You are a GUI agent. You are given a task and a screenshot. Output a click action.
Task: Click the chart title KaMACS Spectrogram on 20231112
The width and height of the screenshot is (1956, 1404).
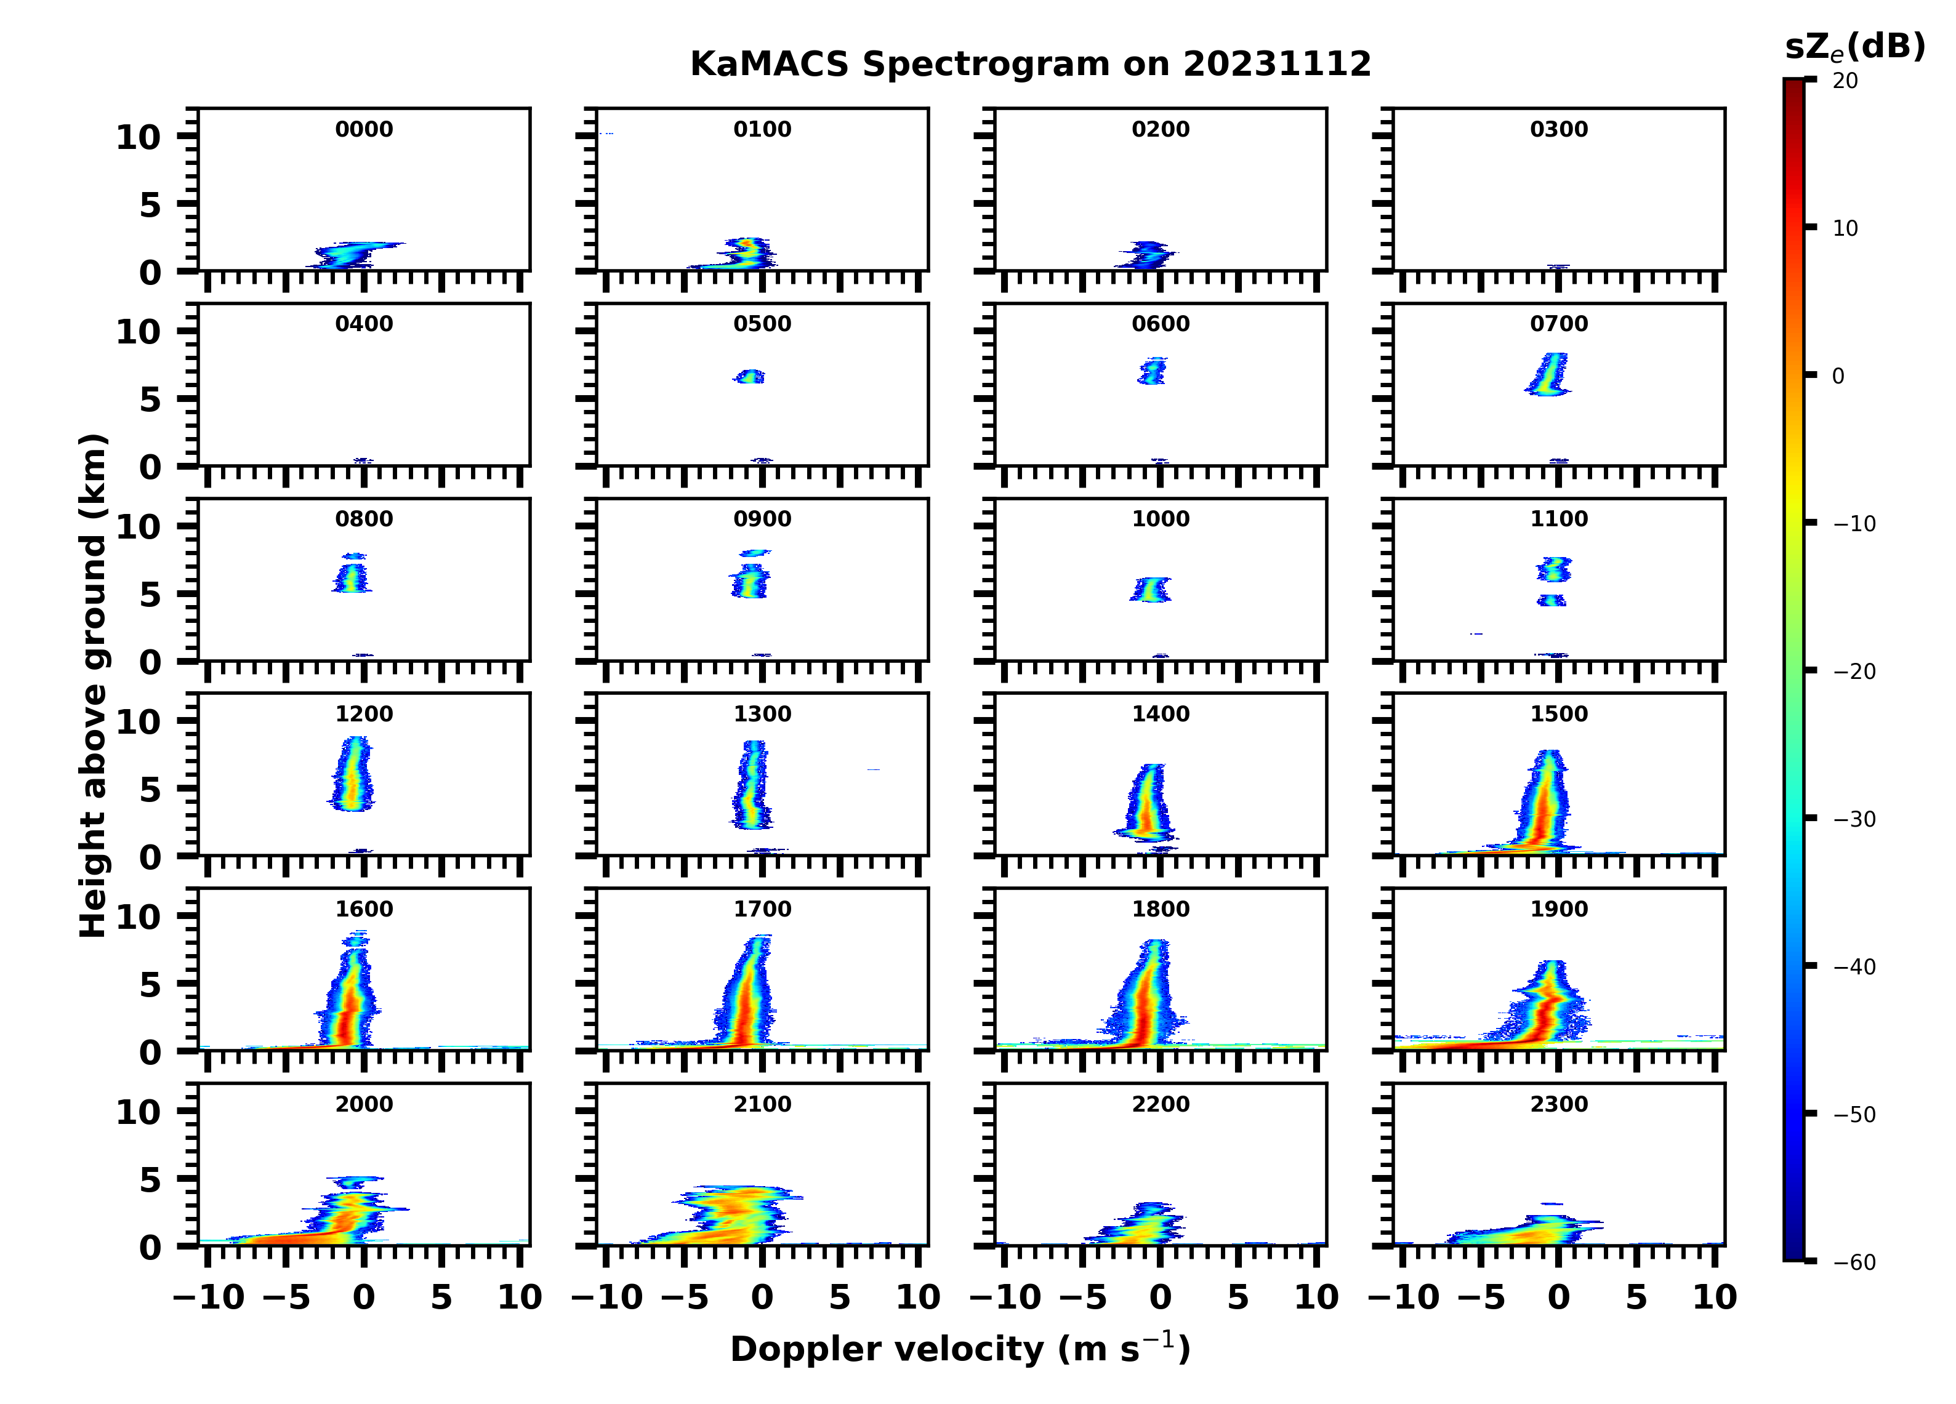(x=1030, y=65)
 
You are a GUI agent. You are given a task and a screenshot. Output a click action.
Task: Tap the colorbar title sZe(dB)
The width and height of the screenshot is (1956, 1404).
(x=1854, y=47)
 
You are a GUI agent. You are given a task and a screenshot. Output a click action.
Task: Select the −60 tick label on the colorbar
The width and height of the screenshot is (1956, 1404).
(x=1853, y=1262)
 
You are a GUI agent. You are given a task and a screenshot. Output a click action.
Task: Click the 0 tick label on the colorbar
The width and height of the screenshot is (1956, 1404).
(x=1838, y=376)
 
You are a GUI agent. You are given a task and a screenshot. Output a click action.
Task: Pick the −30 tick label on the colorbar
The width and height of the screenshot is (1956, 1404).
(x=1853, y=819)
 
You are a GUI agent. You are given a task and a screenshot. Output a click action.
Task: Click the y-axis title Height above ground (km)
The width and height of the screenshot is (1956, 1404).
(x=93, y=686)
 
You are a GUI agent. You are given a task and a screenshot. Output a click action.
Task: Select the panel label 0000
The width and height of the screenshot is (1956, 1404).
(x=364, y=129)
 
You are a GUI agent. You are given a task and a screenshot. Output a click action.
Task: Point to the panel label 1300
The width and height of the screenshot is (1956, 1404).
(x=762, y=714)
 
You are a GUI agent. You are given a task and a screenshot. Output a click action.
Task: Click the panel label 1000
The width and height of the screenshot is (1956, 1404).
(x=1160, y=519)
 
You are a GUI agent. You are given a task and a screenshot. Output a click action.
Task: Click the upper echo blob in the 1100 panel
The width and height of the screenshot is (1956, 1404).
(x=1553, y=569)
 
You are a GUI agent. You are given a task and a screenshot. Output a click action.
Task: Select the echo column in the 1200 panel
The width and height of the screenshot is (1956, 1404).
(x=352, y=774)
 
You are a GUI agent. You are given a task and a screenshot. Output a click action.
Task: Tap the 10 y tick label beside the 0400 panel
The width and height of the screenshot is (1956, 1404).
(x=138, y=331)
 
